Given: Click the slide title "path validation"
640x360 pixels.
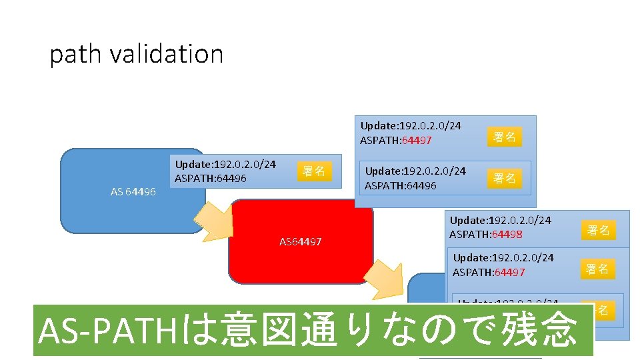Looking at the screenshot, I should pyautogui.click(x=136, y=54).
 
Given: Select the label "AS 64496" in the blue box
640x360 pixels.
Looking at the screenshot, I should pyautogui.click(x=133, y=192).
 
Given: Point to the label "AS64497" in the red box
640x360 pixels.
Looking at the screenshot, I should pyautogui.click(x=300, y=241).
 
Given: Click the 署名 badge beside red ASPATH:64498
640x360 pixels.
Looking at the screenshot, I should pyautogui.click(x=598, y=231).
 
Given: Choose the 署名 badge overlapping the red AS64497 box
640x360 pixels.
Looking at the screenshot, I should pyautogui.click(x=313, y=171).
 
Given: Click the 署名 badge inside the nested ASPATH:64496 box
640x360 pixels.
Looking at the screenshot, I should pyautogui.click(x=504, y=178).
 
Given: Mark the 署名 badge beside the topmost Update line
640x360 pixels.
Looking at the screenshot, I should pyautogui.click(x=504, y=137).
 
